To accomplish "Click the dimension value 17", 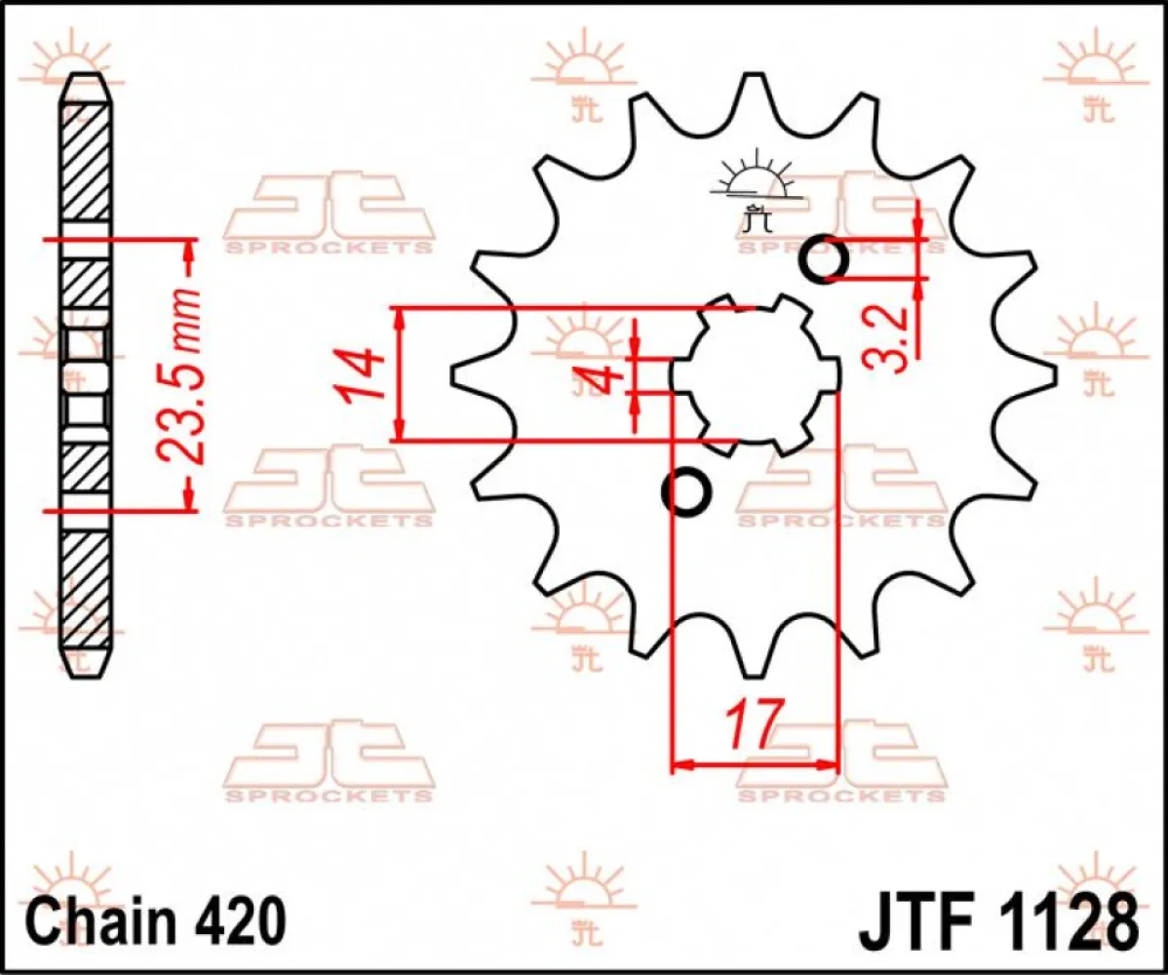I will point(753,723).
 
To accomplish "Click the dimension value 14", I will point(358,374).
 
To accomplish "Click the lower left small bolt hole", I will point(687,491).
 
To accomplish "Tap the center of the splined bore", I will point(757,374).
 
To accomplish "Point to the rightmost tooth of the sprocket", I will point(1043,374).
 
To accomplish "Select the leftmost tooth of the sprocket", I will point(462,375).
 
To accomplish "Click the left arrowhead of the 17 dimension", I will point(681,764).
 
